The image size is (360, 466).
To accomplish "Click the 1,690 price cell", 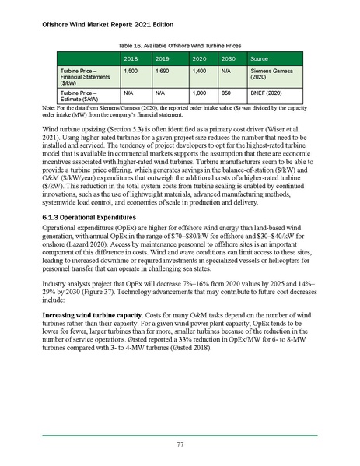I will (163, 70).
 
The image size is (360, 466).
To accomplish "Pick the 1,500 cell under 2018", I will (131, 70).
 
